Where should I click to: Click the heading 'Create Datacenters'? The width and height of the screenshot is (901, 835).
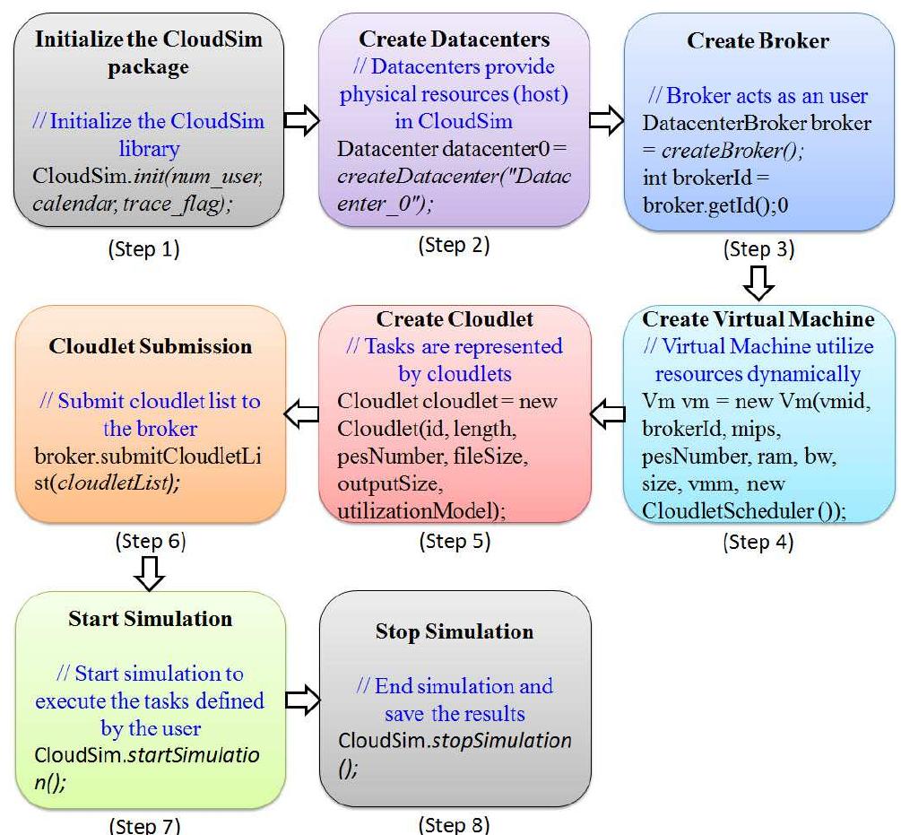pyautogui.click(x=455, y=39)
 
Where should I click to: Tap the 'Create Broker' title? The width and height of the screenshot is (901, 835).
pyautogui.click(x=758, y=41)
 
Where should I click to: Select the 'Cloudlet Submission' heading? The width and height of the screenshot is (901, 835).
pyautogui.click(x=151, y=346)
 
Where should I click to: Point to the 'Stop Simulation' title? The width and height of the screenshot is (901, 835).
pyautogui.click(x=455, y=631)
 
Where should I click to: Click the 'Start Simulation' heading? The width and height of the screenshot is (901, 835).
pyautogui.click(x=151, y=619)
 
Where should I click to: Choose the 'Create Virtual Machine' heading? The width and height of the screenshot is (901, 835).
pyautogui.click(x=758, y=320)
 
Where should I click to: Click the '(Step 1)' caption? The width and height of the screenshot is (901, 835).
pyautogui.click(x=143, y=250)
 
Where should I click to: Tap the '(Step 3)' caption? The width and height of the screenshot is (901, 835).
pyautogui.click(x=758, y=249)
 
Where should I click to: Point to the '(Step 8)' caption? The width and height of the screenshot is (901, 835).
pyautogui.click(x=455, y=825)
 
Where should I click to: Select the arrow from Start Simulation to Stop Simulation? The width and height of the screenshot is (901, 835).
pyautogui.click(x=302, y=701)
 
